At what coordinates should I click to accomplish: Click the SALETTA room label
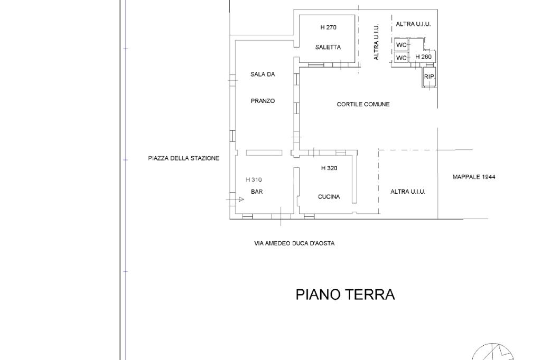coord(328,47)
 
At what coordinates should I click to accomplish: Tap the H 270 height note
coord(328,27)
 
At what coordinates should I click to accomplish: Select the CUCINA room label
coord(329,196)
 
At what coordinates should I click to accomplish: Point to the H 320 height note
coord(329,168)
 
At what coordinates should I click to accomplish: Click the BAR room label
coord(257,192)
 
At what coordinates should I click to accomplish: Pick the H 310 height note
coord(254,179)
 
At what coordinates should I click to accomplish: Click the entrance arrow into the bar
coord(235,200)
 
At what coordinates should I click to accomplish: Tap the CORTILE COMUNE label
coord(363,104)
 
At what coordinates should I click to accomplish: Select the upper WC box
coord(401,45)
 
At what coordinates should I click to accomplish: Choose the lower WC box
coord(401,58)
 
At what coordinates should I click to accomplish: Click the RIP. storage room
coord(429,77)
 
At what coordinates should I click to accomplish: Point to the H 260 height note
coord(423,57)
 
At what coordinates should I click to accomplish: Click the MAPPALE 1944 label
coord(474,177)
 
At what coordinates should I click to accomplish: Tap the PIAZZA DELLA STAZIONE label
coord(183,158)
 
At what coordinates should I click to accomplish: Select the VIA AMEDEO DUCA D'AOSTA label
coord(294,243)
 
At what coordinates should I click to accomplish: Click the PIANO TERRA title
coord(346,295)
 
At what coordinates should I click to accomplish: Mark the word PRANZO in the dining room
coord(263,101)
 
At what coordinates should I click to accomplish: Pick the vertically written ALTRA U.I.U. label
coord(376,42)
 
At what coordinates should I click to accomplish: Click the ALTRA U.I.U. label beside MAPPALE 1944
coord(407,192)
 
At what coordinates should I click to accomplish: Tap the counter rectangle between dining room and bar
coord(264,153)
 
